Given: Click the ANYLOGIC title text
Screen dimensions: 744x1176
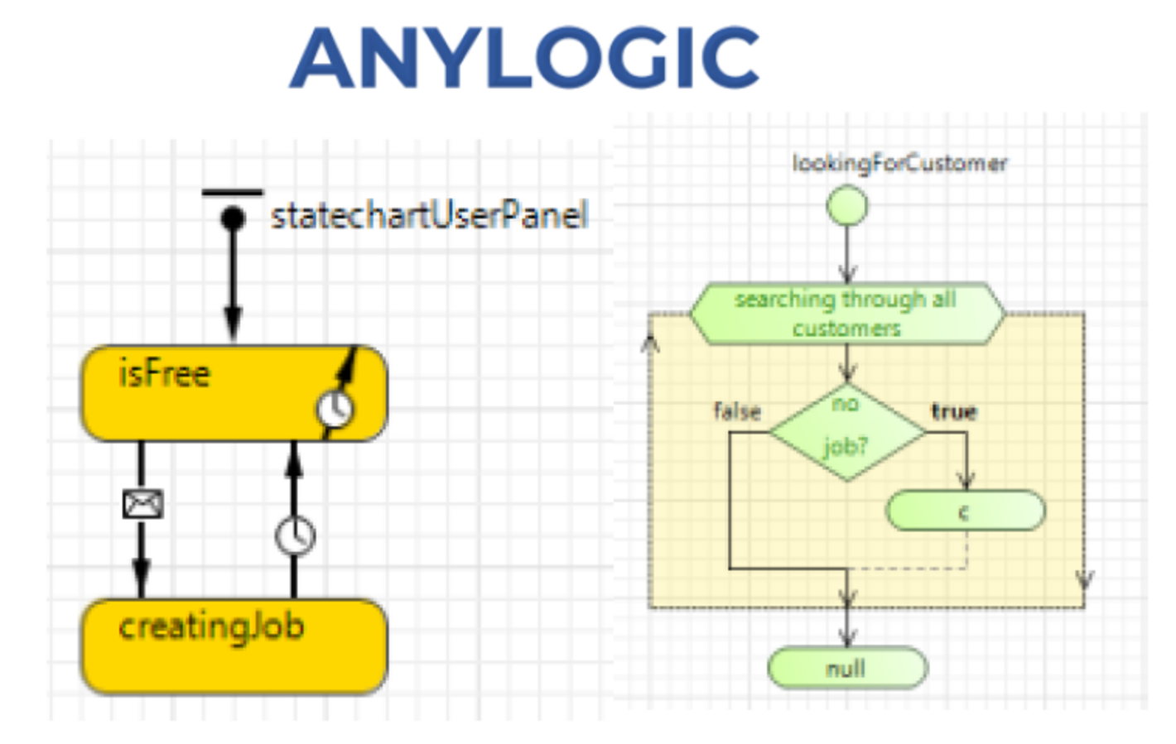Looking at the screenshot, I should [x=524, y=58].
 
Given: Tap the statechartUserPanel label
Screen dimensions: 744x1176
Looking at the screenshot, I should [x=429, y=216].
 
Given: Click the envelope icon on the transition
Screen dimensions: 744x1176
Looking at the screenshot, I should [x=142, y=503].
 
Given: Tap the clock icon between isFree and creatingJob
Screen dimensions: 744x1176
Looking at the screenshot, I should [x=295, y=535].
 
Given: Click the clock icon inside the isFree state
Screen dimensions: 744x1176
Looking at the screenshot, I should [x=335, y=408].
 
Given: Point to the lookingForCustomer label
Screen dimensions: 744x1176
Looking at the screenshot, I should [x=899, y=163].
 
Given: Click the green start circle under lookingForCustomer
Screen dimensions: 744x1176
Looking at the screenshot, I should [x=846, y=206].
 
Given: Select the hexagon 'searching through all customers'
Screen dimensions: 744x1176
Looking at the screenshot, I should [x=846, y=314].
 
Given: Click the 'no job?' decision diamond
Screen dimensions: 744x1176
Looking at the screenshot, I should [x=846, y=431].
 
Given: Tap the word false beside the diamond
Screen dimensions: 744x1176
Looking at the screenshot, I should [x=737, y=411].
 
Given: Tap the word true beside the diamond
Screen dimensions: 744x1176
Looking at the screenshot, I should [x=954, y=411].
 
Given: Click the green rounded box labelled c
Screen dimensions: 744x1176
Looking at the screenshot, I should [x=965, y=511].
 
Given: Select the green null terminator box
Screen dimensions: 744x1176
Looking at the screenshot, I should [x=846, y=668].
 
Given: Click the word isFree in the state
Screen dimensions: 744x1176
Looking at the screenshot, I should [x=164, y=374].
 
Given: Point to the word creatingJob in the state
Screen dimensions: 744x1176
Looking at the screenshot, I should [x=211, y=626].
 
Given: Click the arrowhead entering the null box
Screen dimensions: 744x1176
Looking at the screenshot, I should [x=846, y=638].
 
